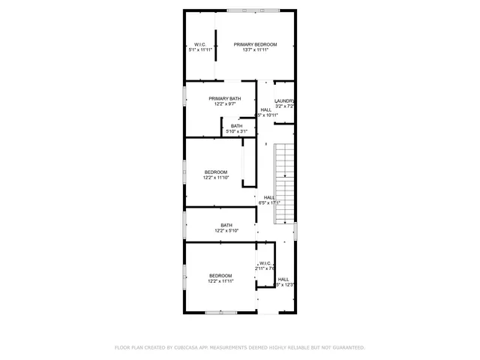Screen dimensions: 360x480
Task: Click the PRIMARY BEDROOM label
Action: (x=254, y=45)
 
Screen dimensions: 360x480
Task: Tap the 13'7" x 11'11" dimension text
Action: (x=254, y=50)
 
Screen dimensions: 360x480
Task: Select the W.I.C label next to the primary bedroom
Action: (x=200, y=45)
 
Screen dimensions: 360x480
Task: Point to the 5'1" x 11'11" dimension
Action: (x=200, y=50)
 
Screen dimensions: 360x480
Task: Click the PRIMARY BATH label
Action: (x=225, y=99)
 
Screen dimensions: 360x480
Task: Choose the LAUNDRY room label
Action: (x=284, y=101)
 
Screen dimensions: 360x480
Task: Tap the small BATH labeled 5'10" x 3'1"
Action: (x=236, y=126)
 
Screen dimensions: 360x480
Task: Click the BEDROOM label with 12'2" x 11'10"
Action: (x=216, y=172)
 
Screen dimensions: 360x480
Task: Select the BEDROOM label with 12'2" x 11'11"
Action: (x=220, y=276)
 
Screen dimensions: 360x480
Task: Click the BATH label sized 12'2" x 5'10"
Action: (x=226, y=225)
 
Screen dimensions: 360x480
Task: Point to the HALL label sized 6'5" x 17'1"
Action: (x=269, y=197)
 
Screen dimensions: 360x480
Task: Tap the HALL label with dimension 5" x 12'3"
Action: (x=283, y=279)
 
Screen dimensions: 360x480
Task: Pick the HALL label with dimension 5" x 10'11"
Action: (x=266, y=109)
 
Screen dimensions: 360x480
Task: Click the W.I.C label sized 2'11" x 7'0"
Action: (x=265, y=263)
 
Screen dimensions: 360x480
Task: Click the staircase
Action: (x=285, y=184)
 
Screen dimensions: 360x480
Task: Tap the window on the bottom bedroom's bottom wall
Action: (x=222, y=312)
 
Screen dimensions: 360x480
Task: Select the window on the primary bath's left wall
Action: (x=185, y=97)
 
